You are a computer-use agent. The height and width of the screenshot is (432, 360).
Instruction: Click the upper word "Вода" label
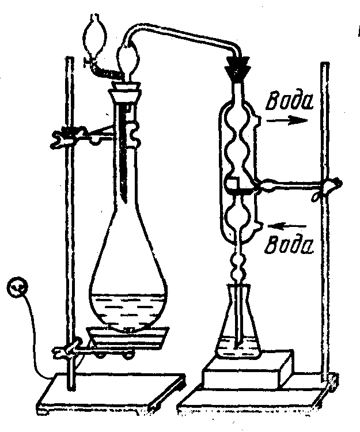click(x=289, y=103)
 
